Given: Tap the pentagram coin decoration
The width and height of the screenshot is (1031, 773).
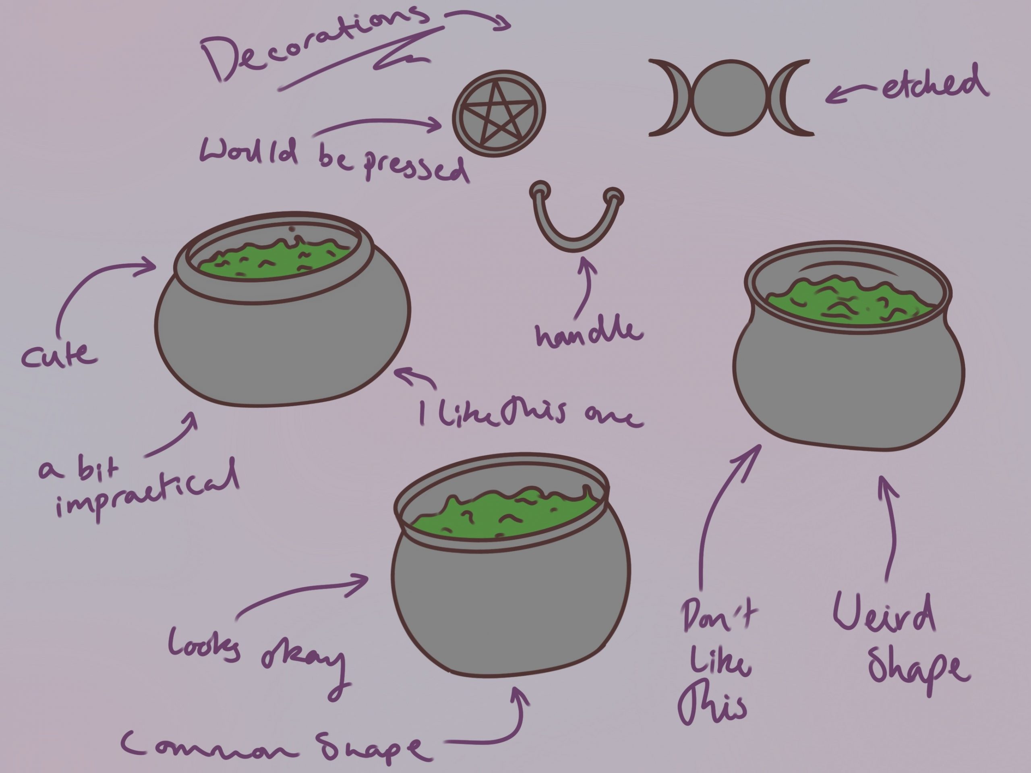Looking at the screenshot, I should [x=499, y=113].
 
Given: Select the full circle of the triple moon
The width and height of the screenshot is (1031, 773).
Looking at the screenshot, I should [x=730, y=97].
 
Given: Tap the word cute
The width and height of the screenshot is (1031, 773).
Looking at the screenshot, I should [x=59, y=355].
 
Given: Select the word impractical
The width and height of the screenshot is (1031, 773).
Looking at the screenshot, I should [x=147, y=494].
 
